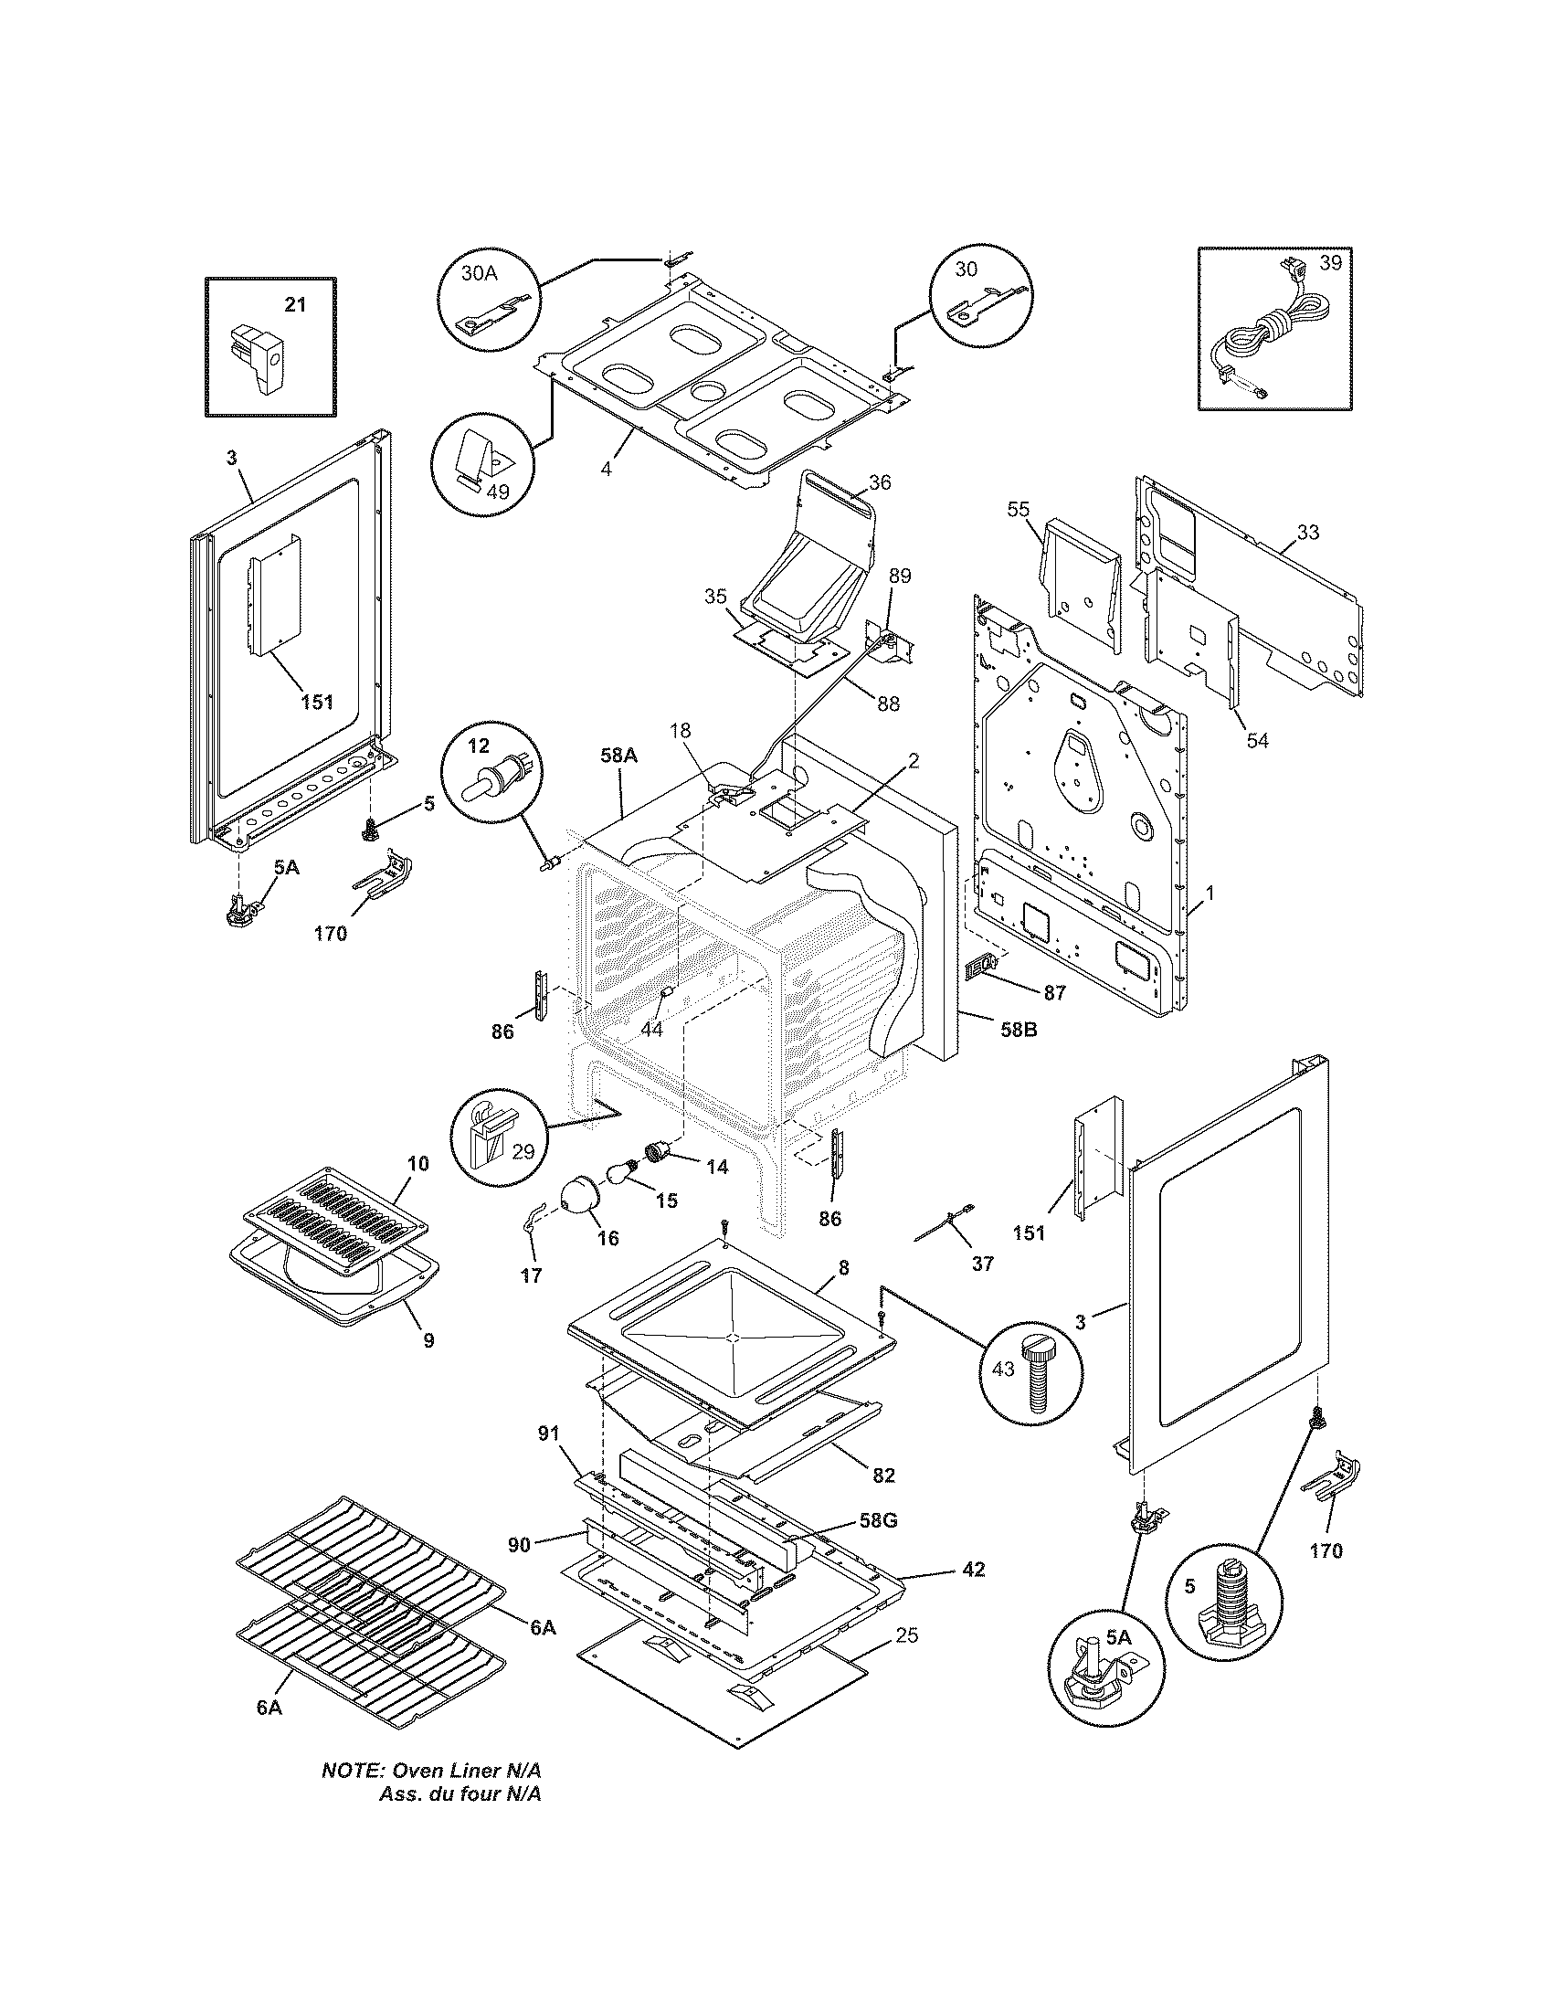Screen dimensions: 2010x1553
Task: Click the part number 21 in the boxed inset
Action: pos(294,304)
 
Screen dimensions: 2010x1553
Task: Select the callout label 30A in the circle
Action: pos(479,273)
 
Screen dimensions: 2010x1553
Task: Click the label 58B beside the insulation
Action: pos(1018,1030)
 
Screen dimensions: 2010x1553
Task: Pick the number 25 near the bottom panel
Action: pos(907,1635)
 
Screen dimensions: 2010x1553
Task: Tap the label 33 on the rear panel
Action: pos(1308,532)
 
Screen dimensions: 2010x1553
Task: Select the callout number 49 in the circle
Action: pos(498,491)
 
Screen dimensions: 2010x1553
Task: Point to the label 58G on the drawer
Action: pos(877,1520)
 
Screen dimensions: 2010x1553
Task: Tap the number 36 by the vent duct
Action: pos(879,481)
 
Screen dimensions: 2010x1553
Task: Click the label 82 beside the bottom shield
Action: pos(882,1475)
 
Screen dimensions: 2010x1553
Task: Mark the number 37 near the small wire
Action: pos(983,1264)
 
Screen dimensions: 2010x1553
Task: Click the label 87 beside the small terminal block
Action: pos(1054,992)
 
